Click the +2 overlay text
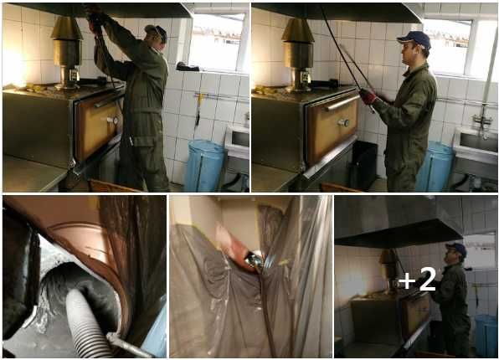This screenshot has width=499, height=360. pos(417,279)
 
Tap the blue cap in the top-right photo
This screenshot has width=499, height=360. pos(414,39)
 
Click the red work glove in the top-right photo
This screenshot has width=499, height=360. pos(368,96)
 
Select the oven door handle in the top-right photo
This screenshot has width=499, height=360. pos(342,102)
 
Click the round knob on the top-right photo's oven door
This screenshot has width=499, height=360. pos(343,122)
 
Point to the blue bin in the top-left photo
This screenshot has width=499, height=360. pos(204,166)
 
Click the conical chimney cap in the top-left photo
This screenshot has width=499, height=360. pos(66,28)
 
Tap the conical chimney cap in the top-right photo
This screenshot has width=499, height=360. pos(297,30)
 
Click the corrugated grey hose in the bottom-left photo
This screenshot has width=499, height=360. pos(85,322)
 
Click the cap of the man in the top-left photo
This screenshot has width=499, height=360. pos(157,32)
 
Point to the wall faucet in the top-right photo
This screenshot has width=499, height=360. pos(482,120)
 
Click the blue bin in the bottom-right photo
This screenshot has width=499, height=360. pos(486,335)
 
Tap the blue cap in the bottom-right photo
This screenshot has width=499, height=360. pos(456,249)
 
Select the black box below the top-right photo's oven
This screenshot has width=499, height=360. pos(363,165)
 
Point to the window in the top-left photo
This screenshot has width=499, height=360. pos(218,41)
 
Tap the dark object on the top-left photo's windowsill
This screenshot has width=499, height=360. pos(188,66)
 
